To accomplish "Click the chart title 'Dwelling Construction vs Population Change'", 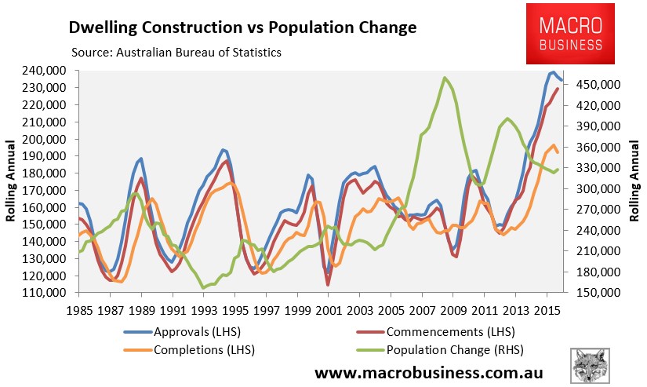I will (x=242, y=28).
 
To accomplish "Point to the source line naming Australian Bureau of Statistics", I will (x=176, y=53).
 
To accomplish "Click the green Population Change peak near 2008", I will (x=445, y=78).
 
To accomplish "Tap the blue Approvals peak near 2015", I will (x=553, y=72).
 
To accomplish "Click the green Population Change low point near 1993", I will (x=204, y=288).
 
